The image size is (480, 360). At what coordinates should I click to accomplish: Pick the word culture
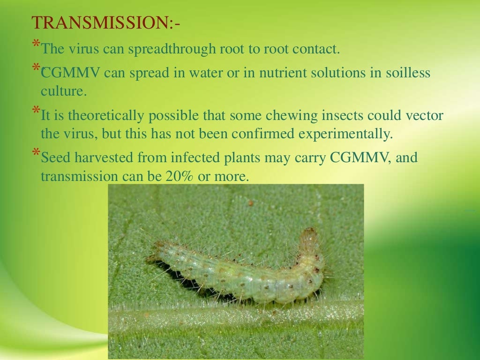64,91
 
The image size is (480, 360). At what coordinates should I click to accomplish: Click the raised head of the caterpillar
309,236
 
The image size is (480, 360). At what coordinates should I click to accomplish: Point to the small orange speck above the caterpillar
251,203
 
